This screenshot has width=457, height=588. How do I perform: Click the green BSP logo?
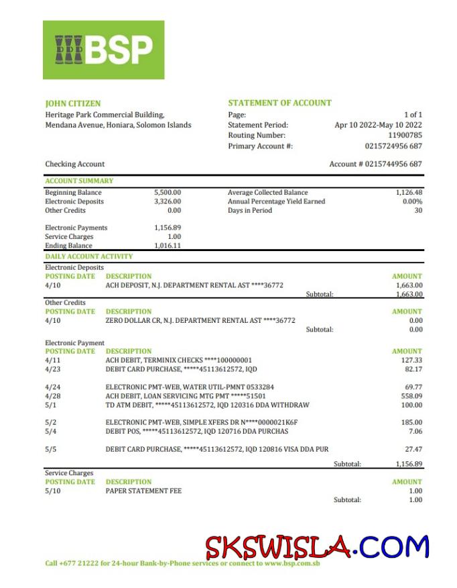click(x=103, y=50)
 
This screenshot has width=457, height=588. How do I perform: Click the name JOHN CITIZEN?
click(x=73, y=103)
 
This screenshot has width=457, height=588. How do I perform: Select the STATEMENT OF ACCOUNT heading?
click(x=279, y=103)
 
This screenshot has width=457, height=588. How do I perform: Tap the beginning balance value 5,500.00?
click(x=168, y=192)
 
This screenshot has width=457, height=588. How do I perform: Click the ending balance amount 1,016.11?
click(x=168, y=246)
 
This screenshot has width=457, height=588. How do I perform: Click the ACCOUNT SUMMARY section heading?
click(x=79, y=181)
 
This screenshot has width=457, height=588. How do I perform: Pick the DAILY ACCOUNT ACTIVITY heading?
click(x=88, y=256)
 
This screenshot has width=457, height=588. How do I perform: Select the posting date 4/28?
click(x=52, y=396)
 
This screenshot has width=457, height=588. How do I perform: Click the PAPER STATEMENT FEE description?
click(x=143, y=491)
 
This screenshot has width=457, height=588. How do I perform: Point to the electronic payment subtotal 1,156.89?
click(x=409, y=464)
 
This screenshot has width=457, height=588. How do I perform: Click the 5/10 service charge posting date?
click(x=52, y=491)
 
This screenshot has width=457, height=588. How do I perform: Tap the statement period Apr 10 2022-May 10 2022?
click(x=378, y=125)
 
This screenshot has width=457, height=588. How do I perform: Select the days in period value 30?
click(x=418, y=210)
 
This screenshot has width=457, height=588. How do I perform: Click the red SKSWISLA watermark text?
click(x=277, y=548)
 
